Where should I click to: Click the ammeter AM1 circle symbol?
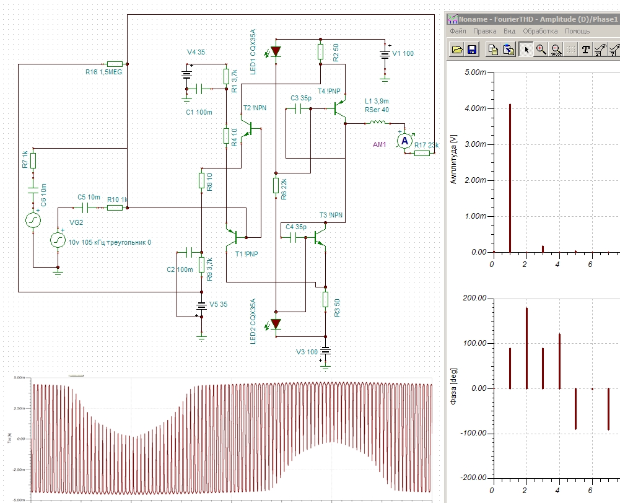click(404, 141)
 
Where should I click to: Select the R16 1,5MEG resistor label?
click(104, 72)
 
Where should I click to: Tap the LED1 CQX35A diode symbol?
click(276, 51)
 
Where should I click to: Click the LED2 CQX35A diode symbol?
click(276, 323)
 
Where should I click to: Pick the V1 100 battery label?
click(403, 54)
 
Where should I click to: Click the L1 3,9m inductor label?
click(377, 101)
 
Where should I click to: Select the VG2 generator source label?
click(76, 222)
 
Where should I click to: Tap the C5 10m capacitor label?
click(89, 197)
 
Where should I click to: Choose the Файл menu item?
click(458, 31)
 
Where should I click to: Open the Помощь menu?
click(577, 31)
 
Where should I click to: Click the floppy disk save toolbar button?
click(472, 50)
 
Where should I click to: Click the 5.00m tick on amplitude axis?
click(476, 72)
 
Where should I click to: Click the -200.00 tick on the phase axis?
click(472, 478)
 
